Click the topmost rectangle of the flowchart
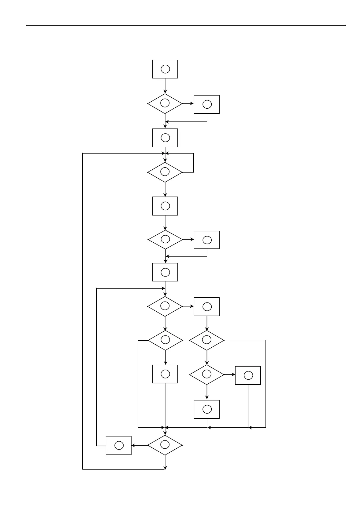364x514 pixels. coord(165,69)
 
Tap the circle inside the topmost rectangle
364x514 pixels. coord(165,69)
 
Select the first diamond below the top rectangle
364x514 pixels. coord(165,103)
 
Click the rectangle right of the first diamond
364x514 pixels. coord(207,104)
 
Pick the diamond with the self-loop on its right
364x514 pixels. coord(165,172)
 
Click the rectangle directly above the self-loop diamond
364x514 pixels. coord(165,138)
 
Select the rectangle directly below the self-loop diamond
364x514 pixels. coord(165,206)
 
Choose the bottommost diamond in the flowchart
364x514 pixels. coord(165,445)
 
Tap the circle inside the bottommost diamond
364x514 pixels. coord(165,445)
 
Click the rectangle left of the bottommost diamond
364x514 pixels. coord(119,445)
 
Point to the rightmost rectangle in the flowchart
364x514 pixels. coord(248,375)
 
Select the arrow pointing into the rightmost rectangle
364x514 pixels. coord(229,375)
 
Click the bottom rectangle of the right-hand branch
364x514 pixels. coord(207,409)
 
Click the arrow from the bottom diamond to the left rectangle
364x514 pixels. coord(139,445)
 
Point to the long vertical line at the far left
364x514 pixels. coord(83,311)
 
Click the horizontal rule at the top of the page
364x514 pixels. coord(186,26)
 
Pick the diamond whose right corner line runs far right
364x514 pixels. coord(207,340)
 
